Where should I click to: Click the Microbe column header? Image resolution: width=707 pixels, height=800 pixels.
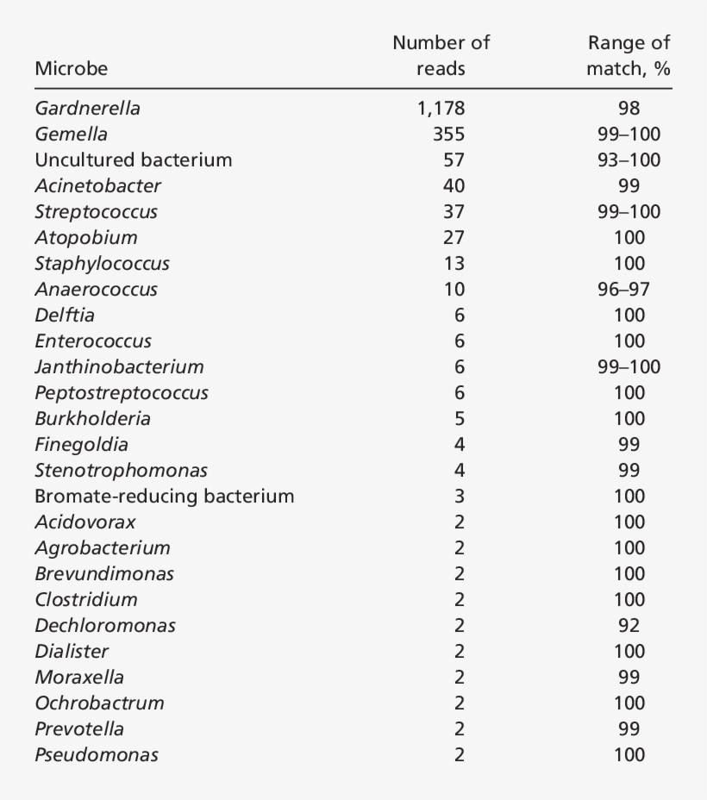coord(72,68)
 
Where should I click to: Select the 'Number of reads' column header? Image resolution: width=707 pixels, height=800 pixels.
coord(441,55)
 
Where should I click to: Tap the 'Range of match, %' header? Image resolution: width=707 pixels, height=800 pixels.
coord(629,55)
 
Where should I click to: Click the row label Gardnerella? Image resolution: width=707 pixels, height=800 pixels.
coord(87,109)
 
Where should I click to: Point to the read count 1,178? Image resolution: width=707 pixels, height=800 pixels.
coord(440,109)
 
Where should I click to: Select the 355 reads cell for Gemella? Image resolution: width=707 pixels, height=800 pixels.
coord(448,134)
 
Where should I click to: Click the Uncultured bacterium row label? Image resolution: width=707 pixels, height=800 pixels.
coord(134,160)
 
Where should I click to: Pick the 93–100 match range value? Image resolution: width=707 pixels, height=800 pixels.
coord(629,160)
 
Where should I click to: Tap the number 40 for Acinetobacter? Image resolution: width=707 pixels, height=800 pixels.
coord(454,186)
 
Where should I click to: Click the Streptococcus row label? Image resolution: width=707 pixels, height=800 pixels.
coord(96,212)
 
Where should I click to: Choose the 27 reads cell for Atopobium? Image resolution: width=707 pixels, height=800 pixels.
coord(454,238)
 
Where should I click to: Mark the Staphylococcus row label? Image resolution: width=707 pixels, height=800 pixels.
coord(102,264)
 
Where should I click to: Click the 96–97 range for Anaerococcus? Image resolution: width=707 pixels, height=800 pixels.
coord(629,290)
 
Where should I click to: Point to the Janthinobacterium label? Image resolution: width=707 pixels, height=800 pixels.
coord(119,367)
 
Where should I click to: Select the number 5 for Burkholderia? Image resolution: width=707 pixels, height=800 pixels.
coord(459,419)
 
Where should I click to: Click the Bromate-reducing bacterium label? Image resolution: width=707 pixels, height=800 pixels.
coord(164,497)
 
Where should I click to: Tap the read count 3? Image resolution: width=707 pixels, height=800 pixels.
coord(459,497)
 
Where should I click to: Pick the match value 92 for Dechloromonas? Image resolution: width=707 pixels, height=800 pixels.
coord(629,626)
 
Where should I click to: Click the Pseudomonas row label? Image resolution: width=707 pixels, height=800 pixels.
coord(97,755)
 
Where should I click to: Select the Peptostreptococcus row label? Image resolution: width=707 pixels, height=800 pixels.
coord(122,393)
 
